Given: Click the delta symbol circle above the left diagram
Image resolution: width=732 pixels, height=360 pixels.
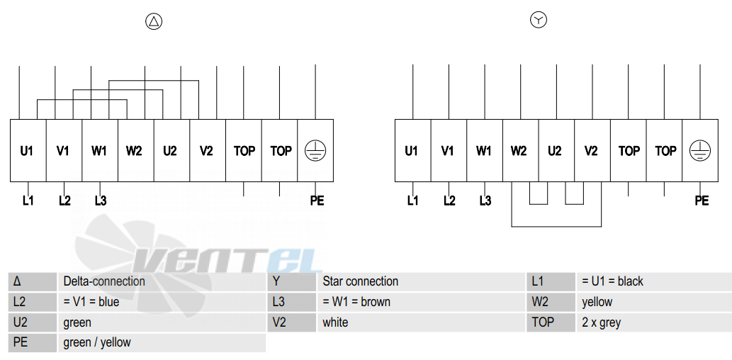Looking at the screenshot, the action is (154, 21).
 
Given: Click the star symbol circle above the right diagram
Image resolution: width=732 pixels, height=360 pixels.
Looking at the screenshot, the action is (539, 20).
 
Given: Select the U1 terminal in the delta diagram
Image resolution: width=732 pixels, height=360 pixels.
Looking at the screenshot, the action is (28, 150).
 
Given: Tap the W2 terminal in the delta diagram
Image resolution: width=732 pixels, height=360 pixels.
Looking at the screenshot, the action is (136, 150).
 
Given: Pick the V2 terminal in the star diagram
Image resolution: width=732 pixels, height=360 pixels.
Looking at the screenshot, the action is (592, 150).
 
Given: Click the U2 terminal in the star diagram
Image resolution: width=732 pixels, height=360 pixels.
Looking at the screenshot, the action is (556, 150).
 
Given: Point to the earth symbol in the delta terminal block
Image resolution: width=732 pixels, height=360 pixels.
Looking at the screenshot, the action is (315, 151).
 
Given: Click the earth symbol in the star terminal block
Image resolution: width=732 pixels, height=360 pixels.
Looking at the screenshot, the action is (700, 151).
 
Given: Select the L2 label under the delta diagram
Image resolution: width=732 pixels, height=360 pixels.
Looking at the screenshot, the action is (65, 201).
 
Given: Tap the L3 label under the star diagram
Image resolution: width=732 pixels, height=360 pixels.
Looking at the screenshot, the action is (485, 201).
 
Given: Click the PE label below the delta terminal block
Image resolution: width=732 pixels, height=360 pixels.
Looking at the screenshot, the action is (317, 201).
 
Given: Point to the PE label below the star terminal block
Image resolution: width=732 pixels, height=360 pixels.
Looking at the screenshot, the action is (702, 201).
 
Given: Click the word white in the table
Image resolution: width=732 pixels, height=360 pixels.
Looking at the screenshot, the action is (335, 322).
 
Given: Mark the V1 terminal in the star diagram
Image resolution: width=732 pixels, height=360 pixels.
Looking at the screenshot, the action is (449, 150).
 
